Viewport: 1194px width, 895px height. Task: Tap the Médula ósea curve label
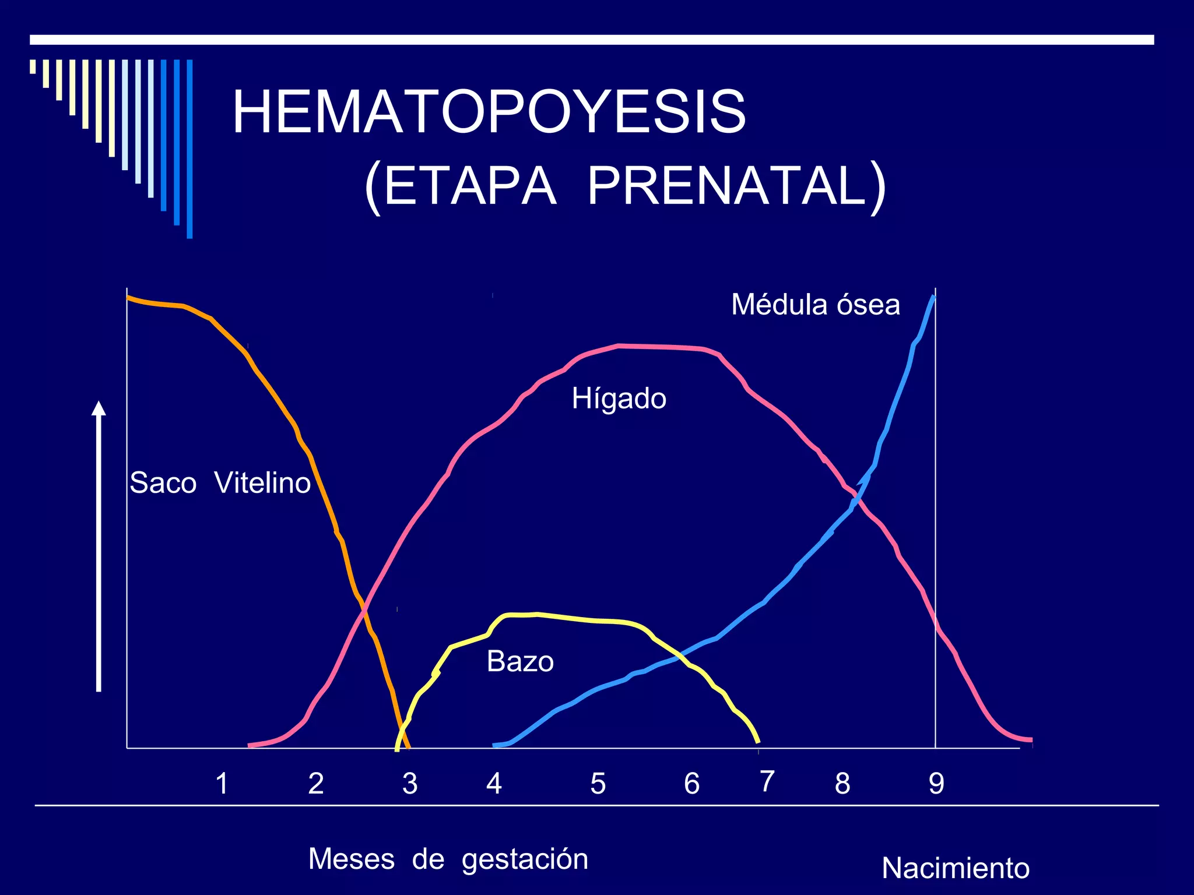pos(815,305)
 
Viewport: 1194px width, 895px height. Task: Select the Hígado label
pos(619,399)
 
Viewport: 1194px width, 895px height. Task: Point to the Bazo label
pos(520,662)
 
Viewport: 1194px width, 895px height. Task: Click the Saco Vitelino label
pos(220,483)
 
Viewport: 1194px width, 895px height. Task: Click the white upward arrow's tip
pos(99,403)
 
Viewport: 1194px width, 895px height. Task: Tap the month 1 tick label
pos(222,784)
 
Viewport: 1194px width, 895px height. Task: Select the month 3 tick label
pos(410,784)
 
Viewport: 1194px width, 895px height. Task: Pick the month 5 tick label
pos(598,784)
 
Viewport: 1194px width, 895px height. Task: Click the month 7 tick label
pos(767,781)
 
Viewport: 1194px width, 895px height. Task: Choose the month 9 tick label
pos(936,784)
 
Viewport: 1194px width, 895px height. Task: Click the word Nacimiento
pos(955,868)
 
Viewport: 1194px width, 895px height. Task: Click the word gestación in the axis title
pos(525,859)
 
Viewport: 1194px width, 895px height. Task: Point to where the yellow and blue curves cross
pos(678,658)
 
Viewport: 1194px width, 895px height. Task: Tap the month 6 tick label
pos(691,784)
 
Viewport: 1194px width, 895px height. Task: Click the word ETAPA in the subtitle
pos(469,186)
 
